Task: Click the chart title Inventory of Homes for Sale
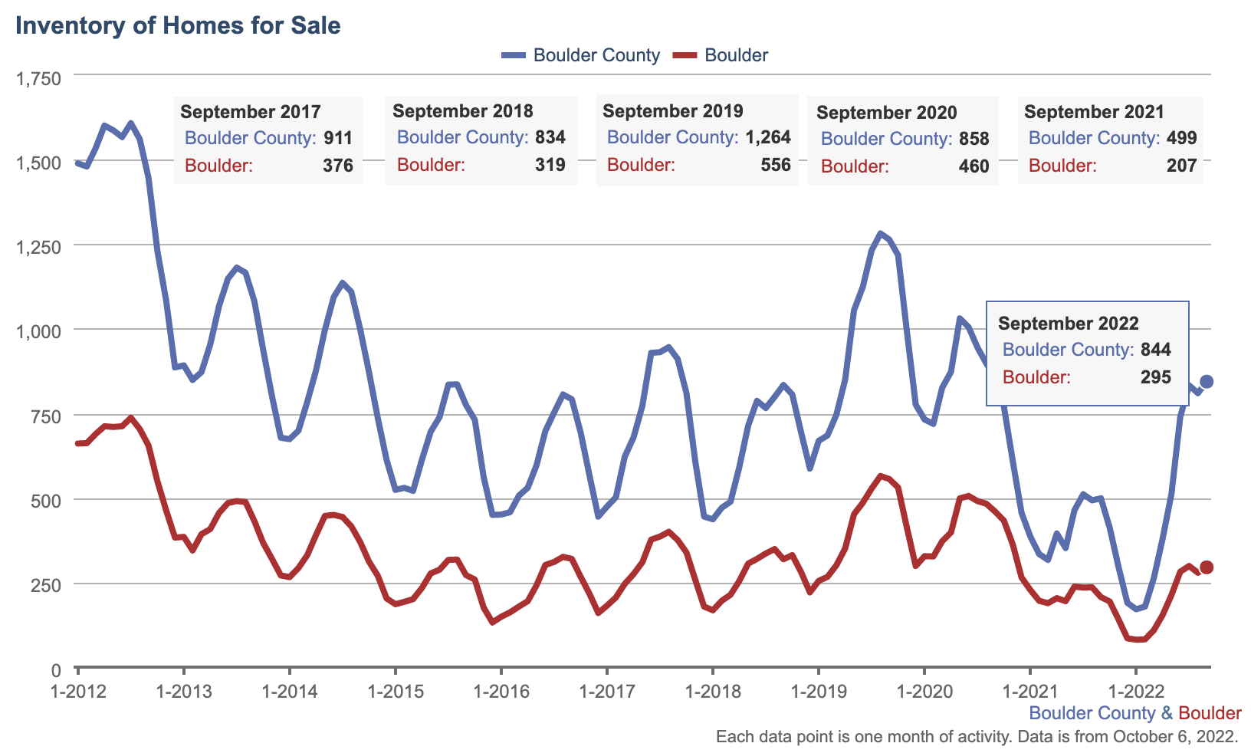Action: pyautogui.click(x=178, y=25)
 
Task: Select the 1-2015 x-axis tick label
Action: pyautogui.click(x=395, y=691)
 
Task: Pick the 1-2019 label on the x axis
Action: pyautogui.click(x=818, y=691)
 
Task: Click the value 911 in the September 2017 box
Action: pyautogui.click(x=337, y=138)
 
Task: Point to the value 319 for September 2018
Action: pyautogui.click(x=550, y=165)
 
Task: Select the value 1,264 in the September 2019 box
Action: pyautogui.click(x=767, y=138)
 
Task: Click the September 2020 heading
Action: pyautogui.click(x=886, y=113)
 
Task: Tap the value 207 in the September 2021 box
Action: pyautogui.click(x=1181, y=166)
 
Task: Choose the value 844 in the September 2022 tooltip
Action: pyautogui.click(x=1155, y=350)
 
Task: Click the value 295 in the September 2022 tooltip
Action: pyautogui.click(x=1155, y=377)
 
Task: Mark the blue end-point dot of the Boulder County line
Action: pyautogui.click(x=1206, y=382)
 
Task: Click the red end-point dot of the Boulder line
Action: pyautogui.click(x=1206, y=567)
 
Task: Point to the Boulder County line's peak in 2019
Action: pyautogui.click(x=880, y=233)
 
